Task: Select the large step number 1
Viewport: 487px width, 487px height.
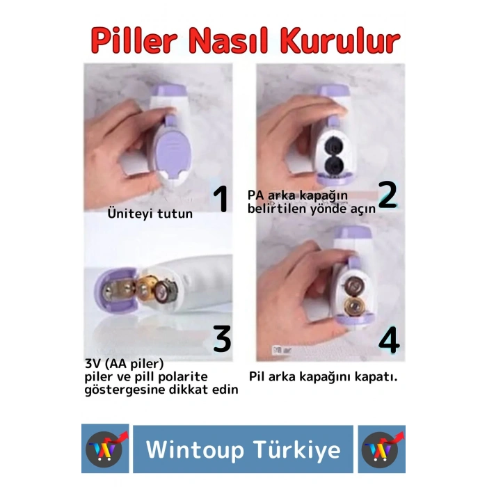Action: point(221,200)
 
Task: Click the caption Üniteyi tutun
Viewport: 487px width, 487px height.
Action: point(150,214)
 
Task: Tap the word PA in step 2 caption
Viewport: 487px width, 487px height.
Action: point(256,195)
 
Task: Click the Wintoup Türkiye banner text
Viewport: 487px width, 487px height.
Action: point(243,449)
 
